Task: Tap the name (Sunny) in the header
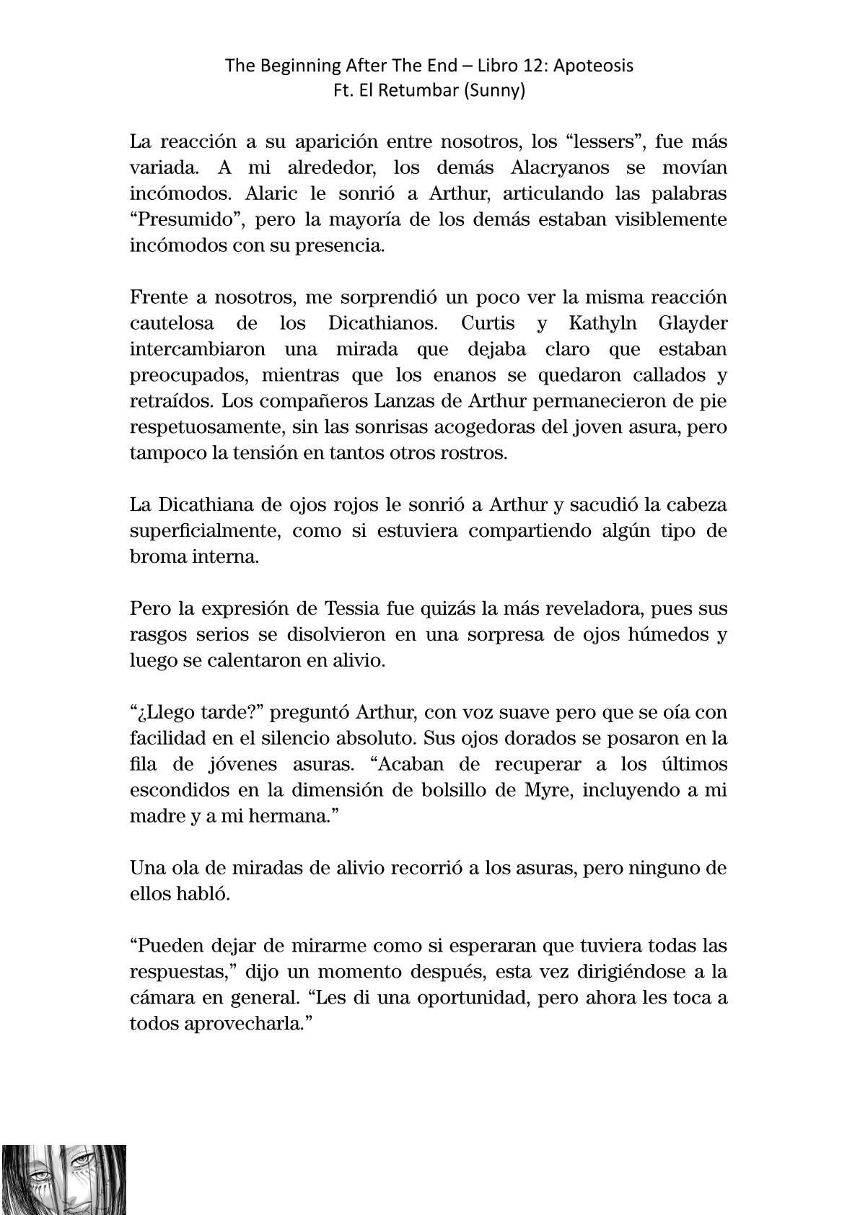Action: click(497, 92)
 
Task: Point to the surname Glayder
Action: click(693, 323)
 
